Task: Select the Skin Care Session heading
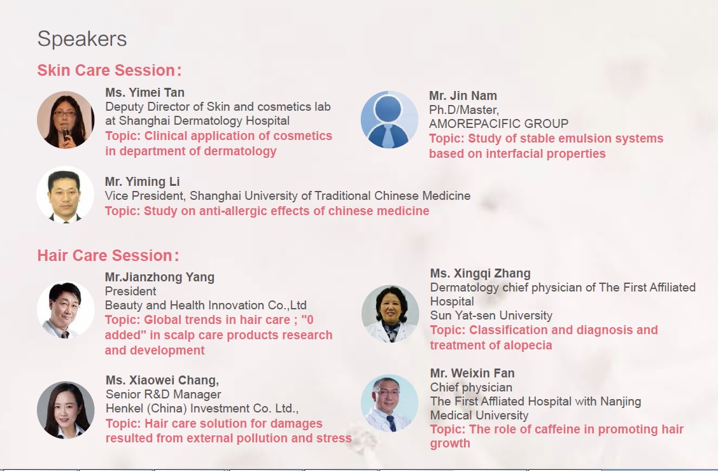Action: coord(109,70)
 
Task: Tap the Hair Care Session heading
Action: coord(108,255)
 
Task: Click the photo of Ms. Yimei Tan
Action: coord(66,120)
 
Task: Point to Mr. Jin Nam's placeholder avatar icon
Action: coord(389,120)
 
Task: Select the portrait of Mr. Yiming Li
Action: coord(66,195)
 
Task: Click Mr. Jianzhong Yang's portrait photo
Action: coord(66,310)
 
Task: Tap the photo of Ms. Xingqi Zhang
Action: coord(390,314)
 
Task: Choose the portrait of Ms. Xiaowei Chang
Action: coord(66,410)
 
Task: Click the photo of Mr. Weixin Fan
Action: coord(390,404)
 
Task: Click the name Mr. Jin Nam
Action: coord(463,95)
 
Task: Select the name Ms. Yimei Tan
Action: coord(144,92)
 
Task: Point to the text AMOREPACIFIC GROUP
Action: coord(498,123)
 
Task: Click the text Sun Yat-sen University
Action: coord(491,315)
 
